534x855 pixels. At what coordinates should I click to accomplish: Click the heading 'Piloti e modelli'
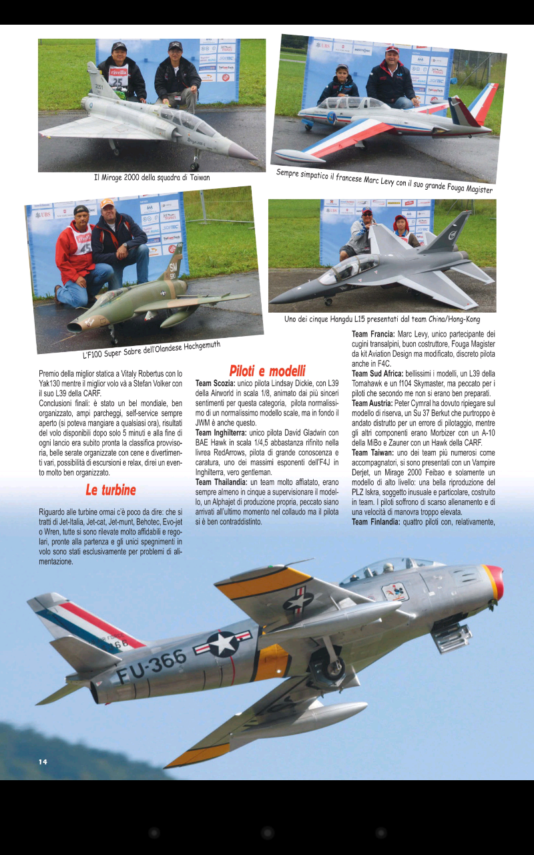tap(267, 371)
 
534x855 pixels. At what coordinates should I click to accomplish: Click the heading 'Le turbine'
tap(110, 490)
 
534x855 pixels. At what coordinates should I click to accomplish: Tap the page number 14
tap(43, 761)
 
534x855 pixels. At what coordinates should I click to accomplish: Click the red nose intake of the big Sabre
tap(495, 580)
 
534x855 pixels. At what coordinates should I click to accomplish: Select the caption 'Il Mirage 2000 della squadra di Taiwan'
tap(152, 178)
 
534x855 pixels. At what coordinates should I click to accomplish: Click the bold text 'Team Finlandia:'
tap(375, 521)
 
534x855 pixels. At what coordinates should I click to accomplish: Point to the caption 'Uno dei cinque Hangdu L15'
tap(382, 319)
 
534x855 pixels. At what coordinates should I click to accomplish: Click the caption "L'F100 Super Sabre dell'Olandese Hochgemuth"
tap(151, 350)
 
